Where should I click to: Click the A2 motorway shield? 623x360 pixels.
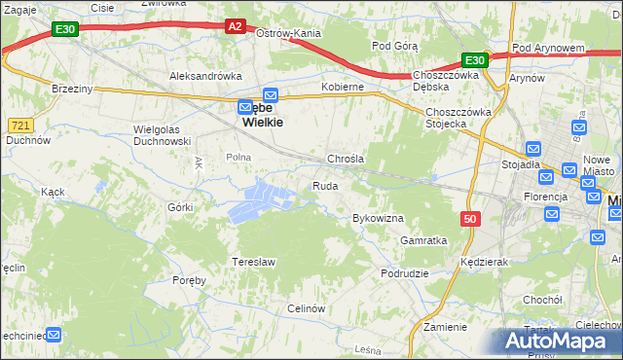point(236,27)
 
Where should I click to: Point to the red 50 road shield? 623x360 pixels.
point(470,220)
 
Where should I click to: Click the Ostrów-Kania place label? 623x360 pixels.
point(288,33)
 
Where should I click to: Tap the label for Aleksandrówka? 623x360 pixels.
point(205,76)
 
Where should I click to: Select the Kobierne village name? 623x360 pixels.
point(343,87)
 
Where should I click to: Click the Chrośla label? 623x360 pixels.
point(346,159)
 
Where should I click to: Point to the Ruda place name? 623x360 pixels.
point(325,185)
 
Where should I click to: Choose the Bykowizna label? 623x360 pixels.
point(378,218)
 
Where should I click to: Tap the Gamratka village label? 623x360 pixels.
point(423,240)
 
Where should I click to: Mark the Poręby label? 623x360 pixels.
point(189,280)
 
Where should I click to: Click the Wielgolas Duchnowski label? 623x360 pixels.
point(161,134)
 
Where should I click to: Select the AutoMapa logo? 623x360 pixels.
point(561,342)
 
